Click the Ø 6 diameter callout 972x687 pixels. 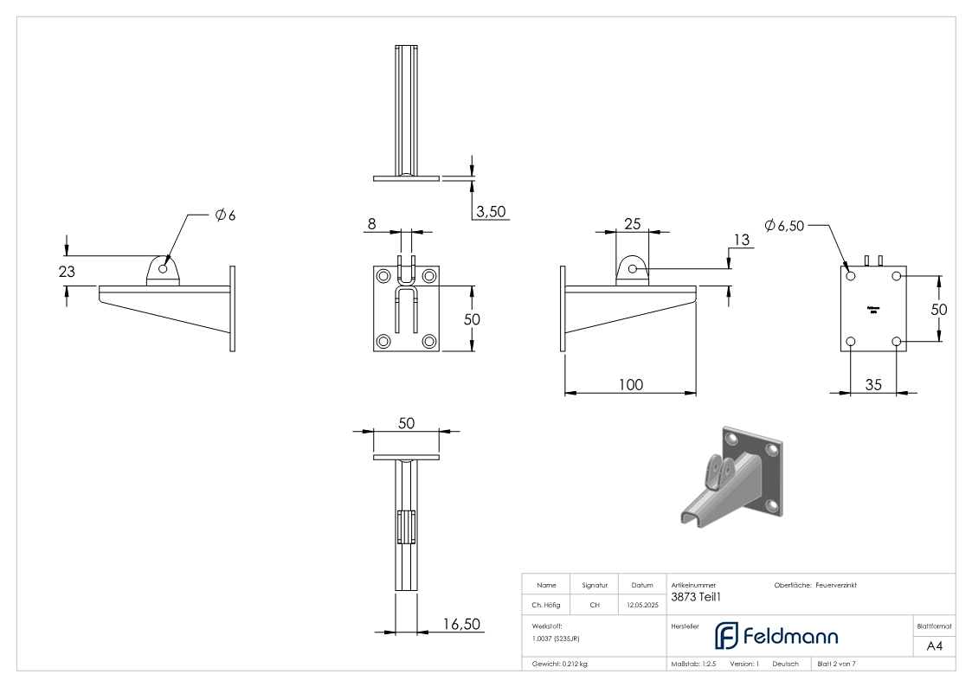[225, 215]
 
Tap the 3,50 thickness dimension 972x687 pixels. [491, 212]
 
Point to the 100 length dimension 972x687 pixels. [631, 384]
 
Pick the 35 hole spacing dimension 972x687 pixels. [873, 385]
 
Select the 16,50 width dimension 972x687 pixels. [460, 623]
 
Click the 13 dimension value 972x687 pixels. [740, 240]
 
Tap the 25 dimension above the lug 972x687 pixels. [632, 224]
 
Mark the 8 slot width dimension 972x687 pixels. [371, 224]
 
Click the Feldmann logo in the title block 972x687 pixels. [776, 637]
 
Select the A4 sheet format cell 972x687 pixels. [934, 645]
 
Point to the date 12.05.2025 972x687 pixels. [641, 606]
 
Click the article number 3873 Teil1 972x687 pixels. [696, 595]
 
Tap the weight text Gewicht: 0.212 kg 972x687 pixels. [560, 665]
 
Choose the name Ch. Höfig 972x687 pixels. [546, 606]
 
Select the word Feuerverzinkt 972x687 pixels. [836, 585]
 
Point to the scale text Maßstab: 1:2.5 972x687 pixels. [693, 665]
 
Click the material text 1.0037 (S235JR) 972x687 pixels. [556, 639]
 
